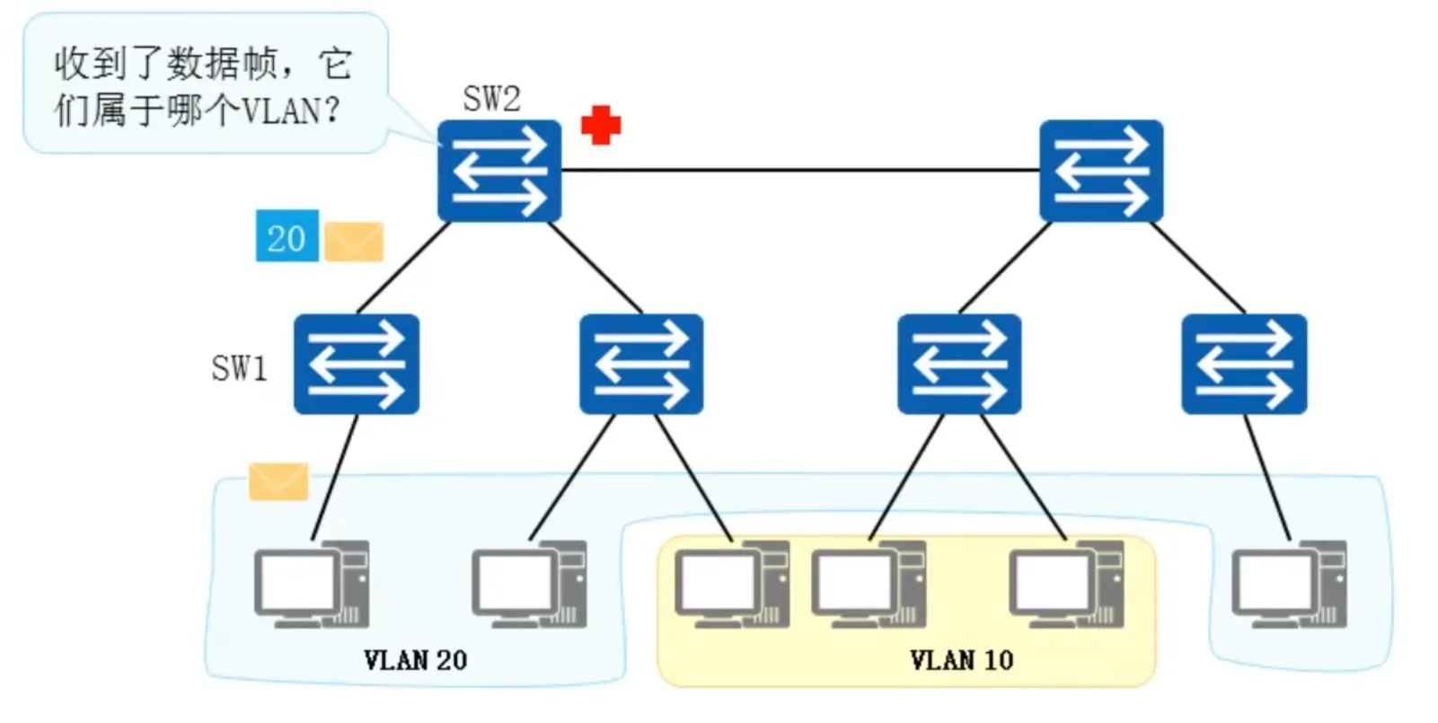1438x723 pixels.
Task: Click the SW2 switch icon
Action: tap(499, 171)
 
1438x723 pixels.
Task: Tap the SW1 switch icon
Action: tap(357, 364)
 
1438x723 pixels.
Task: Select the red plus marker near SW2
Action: tap(601, 125)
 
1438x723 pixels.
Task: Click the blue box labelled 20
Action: tap(287, 237)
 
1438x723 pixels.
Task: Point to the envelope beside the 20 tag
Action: tap(354, 242)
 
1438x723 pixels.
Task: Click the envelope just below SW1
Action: tap(278, 481)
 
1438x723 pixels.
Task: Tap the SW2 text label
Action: tap(491, 98)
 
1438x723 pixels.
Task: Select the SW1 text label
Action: tap(239, 367)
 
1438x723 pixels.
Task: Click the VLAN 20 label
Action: tap(415, 660)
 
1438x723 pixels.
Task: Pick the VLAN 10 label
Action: tap(961, 660)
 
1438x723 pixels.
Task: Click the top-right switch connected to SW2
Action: tap(1101, 171)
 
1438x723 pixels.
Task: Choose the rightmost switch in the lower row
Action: tap(1244, 364)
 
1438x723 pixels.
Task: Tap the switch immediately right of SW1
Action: tap(641, 364)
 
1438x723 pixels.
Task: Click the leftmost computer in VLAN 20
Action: tap(311, 584)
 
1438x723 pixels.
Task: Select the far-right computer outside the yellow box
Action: tap(1289, 584)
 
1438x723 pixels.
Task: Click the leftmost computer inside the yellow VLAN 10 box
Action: tap(732, 584)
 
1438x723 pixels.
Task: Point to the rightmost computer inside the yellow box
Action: tap(1066, 584)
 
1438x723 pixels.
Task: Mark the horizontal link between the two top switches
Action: tap(799, 170)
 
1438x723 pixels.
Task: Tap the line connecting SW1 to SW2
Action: tap(404, 267)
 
